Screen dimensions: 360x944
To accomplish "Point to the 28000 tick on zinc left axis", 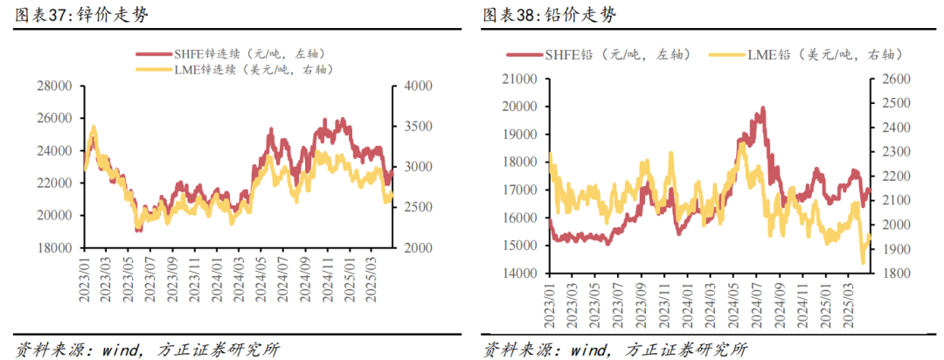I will click(x=53, y=86).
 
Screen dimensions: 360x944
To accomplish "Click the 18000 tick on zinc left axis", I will click(x=53, y=248).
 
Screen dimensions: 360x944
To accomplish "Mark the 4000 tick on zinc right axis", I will click(x=410, y=86).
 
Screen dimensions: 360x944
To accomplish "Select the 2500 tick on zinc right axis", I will click(x=410, y=208).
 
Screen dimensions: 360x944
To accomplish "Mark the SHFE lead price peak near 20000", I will click(x=763, y=108).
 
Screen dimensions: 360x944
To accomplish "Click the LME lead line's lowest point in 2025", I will click(x=863, y=262).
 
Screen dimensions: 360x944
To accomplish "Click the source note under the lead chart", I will click(x=616, y=349).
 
